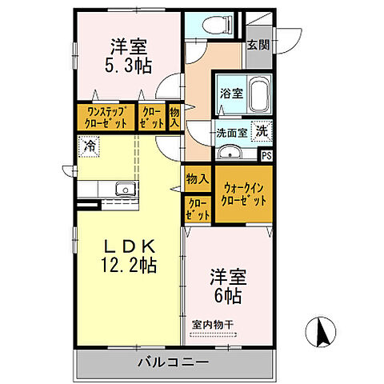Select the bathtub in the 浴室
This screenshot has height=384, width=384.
point(257,94)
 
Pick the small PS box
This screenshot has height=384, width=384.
point(266,155)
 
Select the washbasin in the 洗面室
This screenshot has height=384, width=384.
point(230,152)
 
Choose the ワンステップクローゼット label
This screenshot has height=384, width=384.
point(106,118)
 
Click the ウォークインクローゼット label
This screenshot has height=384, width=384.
point(242,194)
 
